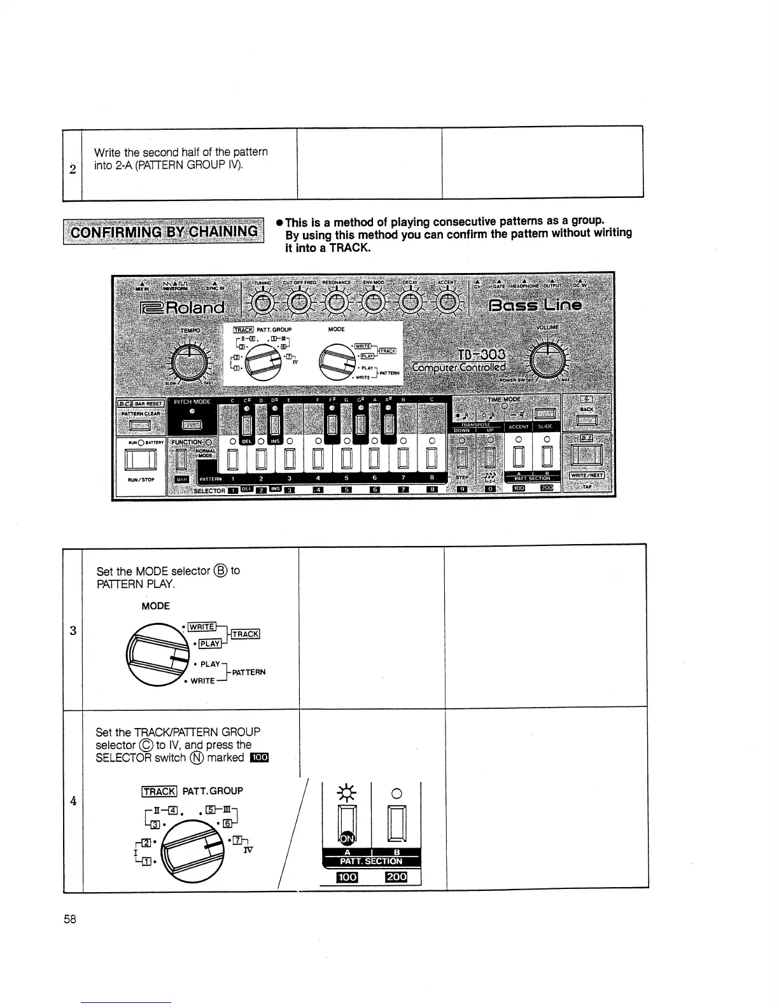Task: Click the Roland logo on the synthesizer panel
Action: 183,308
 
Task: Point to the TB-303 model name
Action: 482,354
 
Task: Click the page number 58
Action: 70,919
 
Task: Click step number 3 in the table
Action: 73,631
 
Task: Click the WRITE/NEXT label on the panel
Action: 587,475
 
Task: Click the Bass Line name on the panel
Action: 535,305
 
